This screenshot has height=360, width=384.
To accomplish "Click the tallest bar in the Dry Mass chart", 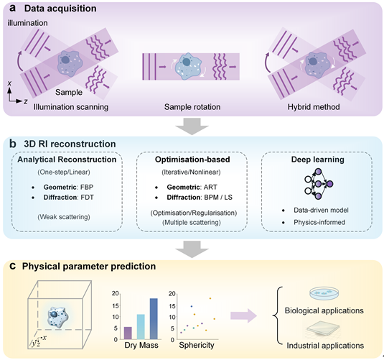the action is click(154, 319).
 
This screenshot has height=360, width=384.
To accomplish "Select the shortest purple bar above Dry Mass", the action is click(128, 333).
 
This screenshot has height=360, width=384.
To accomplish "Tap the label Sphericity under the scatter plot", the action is click(197, 346).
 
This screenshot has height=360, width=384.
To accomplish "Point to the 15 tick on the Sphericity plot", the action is click(172, 306).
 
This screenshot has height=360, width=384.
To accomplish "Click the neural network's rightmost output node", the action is click(329, 184).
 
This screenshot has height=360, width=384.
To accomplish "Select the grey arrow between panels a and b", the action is click(192, 126).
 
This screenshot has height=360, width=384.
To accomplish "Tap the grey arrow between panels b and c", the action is click(192, 249).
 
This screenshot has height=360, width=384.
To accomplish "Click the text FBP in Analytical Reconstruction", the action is click(87, 187).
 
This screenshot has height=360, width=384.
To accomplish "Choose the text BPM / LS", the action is click(217, 197).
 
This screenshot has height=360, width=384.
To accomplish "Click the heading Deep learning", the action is click(318, 160).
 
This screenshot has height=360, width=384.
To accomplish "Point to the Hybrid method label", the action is click(314, 107).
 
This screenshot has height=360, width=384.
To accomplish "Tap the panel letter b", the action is click(12, 143).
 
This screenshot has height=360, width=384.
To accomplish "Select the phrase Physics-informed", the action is click(319, 222).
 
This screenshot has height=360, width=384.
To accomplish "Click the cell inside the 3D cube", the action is click(58, 316).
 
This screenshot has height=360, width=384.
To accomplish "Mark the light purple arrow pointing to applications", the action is click(243, 315).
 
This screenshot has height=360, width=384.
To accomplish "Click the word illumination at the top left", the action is click(27, 23).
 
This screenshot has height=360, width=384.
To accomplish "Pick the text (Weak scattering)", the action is click(64, 217).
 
